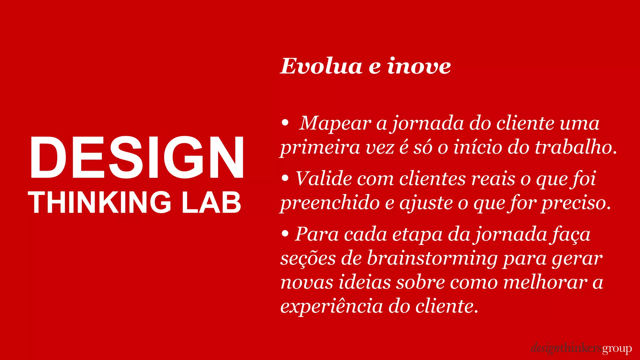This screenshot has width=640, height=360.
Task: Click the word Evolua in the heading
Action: coord(321,66)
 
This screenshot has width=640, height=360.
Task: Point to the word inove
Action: coord(419,66)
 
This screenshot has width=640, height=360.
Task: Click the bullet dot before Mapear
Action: coord(285,123)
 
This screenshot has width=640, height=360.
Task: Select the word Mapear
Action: coord(335,123)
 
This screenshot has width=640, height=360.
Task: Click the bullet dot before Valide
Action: coord(285,178)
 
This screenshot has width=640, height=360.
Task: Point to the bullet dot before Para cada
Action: coord(285,234)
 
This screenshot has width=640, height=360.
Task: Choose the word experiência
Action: coord(332,306)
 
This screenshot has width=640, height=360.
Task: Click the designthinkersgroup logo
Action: coord(581,348)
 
